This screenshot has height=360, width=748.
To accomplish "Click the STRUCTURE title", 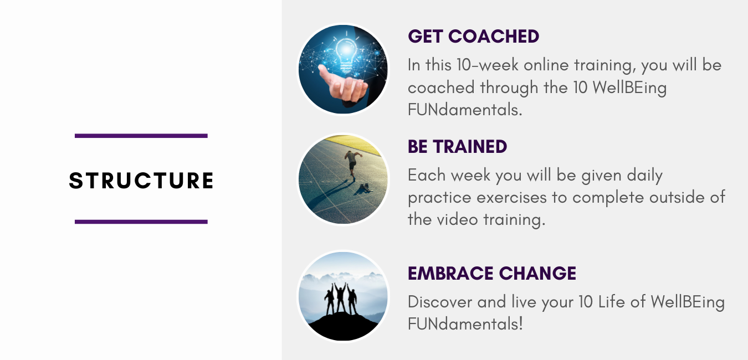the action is [141, 181].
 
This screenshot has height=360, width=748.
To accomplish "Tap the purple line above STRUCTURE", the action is [141, 136].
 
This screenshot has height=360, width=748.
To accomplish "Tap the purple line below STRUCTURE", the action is [141, 222].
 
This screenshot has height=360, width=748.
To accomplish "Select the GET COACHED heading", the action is [473, 37].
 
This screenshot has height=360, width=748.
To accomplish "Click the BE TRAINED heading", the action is [457, 146].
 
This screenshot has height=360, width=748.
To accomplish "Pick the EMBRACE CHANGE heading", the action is [492, 273].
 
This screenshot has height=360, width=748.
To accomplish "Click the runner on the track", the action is [352, 163].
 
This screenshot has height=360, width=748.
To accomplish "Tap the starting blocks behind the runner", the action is [365, 188].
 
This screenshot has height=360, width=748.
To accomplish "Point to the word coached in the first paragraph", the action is [441, 88].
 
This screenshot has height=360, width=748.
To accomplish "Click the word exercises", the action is [511, 197].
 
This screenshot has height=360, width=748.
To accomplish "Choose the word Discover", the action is [440, 302].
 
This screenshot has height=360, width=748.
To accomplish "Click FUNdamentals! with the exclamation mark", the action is [465, 324].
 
